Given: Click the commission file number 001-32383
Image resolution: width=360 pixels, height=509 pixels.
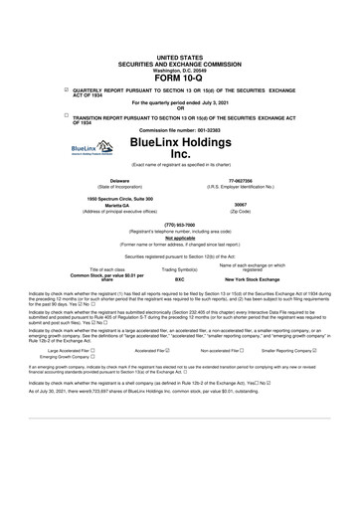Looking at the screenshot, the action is pos(211,130).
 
